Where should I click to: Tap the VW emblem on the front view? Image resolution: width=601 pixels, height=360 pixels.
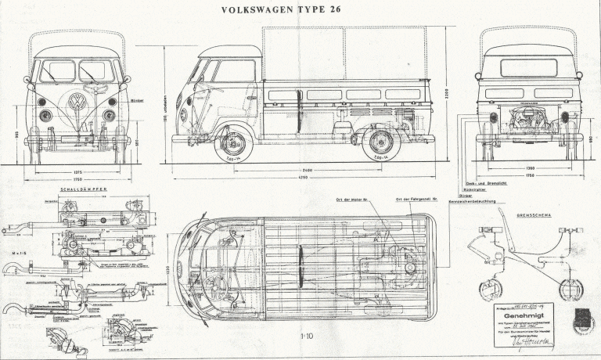(x=77, y=102)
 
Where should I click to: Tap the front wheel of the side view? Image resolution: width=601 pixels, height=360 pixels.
(x=234, y=144)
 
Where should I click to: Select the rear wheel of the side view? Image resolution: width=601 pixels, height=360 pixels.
(x=381, y=143)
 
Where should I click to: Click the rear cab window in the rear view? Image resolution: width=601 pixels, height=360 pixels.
(x=528, y=67)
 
